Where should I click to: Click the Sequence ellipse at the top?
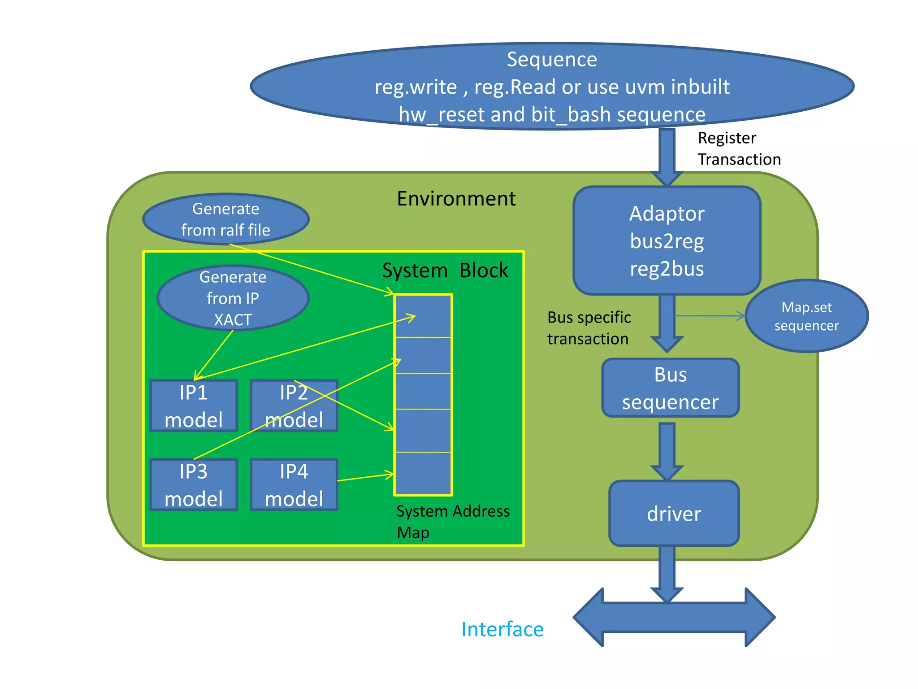pos(551,86)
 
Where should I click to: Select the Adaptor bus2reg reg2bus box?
pos(667,240)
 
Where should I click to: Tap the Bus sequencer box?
pos(670,388)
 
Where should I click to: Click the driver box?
pos(674,514)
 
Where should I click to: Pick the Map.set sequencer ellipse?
pos(806,316)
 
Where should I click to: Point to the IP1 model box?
pos(194,406)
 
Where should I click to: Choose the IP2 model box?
pos(294,406)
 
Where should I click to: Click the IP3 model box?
pos(194,484)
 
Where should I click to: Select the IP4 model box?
pos(294,484)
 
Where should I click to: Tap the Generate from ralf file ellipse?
pos(225,219)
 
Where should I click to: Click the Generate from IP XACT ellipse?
pos(233,298)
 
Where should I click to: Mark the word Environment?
pos(456,198)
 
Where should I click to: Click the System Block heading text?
pos(445,270)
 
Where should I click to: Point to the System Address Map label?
pos(453,521)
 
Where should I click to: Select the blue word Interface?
pos(502,629)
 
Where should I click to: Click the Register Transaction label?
pos(739,148)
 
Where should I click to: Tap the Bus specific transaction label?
pos(589,328)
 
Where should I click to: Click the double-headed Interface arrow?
pos(674,618)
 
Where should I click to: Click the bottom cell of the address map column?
pos(423,473)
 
